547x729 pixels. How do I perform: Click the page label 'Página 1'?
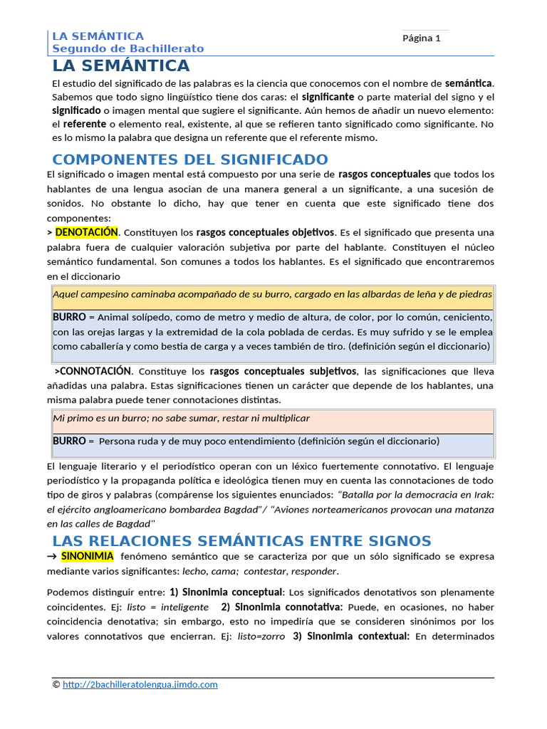(422, 38)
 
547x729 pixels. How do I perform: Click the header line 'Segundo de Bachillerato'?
(127, 48)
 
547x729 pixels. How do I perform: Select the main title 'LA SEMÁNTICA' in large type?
(121, 66)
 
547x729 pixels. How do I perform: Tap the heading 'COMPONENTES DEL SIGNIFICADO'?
(190, 159)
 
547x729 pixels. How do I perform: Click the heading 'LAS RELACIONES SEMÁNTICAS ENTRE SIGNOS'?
(241, 541)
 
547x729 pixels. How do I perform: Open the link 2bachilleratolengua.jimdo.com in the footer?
(140, 685)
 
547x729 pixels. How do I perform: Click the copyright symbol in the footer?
(56, 685)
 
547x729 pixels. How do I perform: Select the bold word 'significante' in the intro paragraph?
(328, 96)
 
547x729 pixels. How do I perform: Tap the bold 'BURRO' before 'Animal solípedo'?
(69, 317)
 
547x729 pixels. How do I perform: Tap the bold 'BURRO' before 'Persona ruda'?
(69, 441)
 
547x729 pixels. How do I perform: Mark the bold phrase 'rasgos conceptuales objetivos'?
(265, 232)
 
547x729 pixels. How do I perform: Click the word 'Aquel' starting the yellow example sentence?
(66, 294)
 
